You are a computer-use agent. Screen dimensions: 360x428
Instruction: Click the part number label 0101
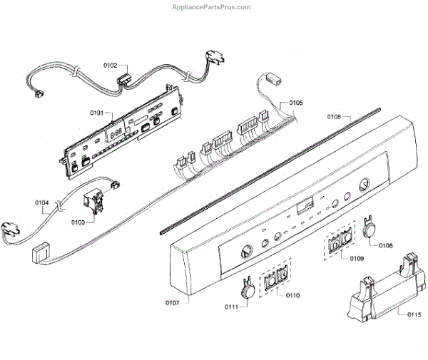click(98, 113)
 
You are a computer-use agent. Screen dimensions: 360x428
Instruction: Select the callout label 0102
click(111, 65)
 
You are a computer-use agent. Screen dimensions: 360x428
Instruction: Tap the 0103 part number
click(78, 222)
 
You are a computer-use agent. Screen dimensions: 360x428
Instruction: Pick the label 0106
click(334, 115)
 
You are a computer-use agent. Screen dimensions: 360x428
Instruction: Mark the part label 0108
click(386, 246)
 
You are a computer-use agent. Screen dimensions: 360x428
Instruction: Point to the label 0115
click(414, 314)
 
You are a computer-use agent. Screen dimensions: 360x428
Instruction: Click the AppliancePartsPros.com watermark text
click(211, 6)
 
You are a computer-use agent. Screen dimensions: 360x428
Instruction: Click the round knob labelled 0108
click(369, 229)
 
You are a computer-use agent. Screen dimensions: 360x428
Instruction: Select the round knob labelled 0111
click(247, 287)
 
